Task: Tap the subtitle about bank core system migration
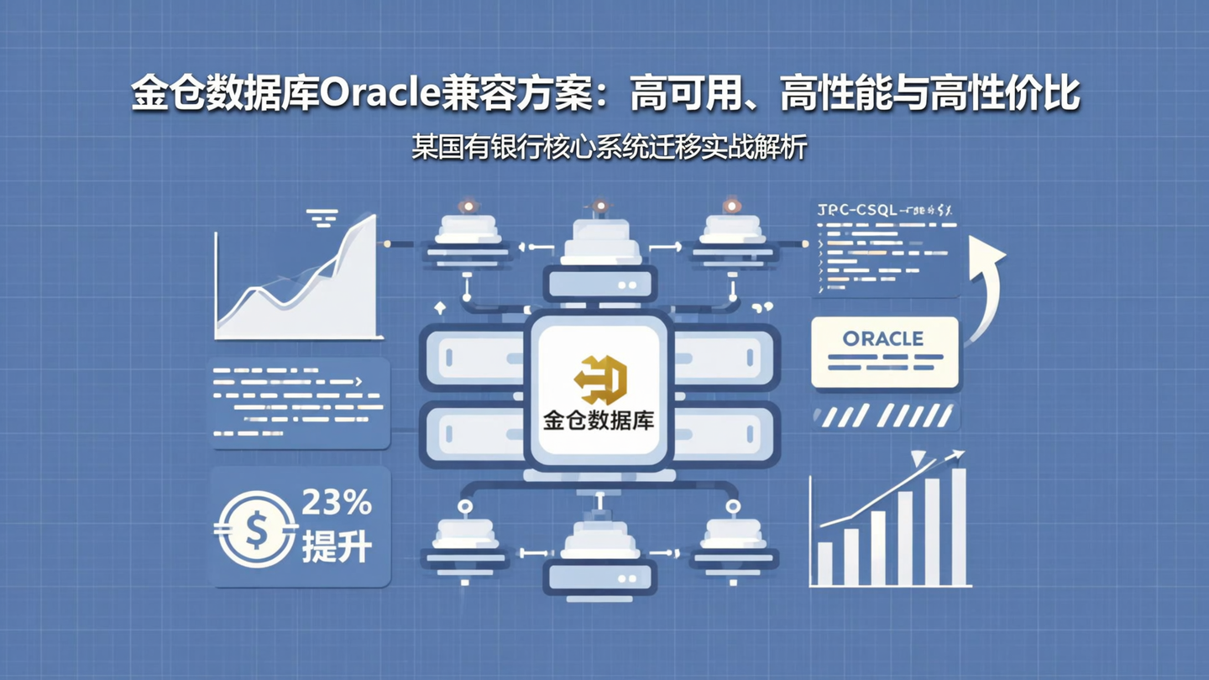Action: pyautogui.click(x=609, y=148)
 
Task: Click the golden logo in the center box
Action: pyautogui.click(x=601, y=379)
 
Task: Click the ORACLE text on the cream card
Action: pyautogui.click(x=882, y=339)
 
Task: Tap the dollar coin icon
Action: pyautogui.click(x=255, y=528)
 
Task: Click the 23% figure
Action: pyautogui.click(x=336, y=503)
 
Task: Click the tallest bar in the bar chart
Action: pyautogui.click(x=958, y=526)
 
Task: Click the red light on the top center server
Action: pyautogui.click(x=599, y=206)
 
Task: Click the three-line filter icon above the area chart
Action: pyautogui.click(x=322, y=217)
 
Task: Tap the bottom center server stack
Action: pyautogui.click(x=599, y=554)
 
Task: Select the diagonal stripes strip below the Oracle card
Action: pyautogui.click(x=885, y=416)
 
